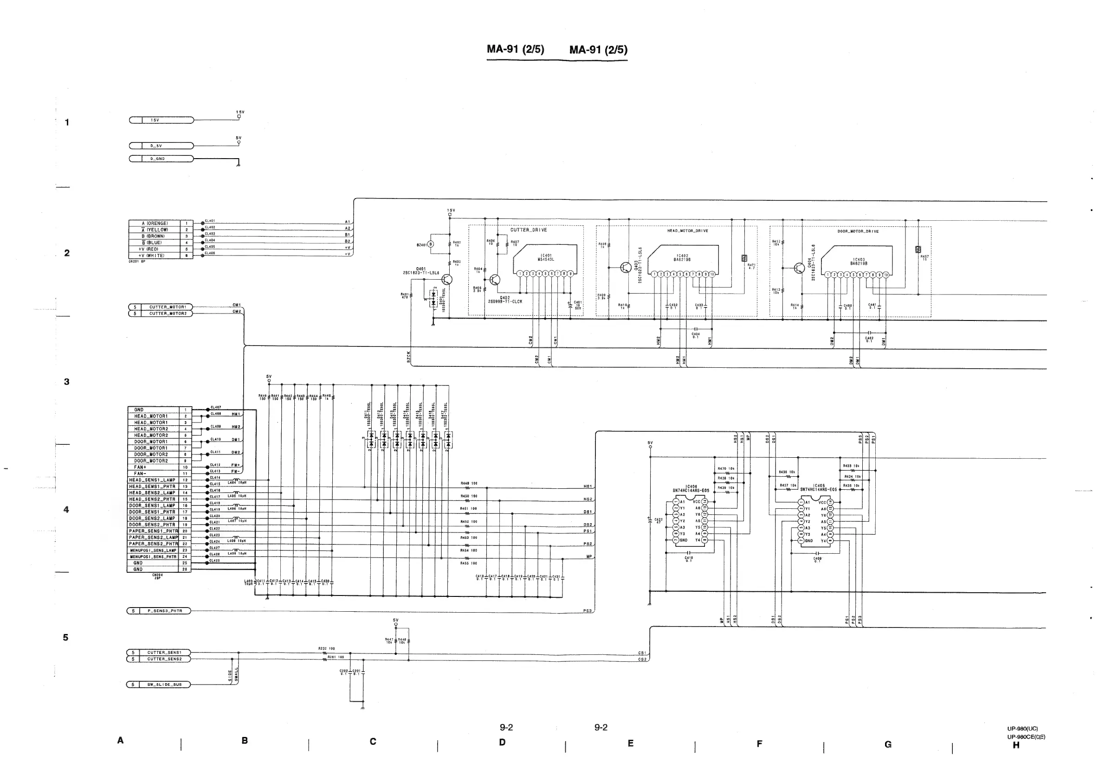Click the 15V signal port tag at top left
pyautogui.click(x=161, y=120)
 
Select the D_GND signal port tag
pyautogui.click(x=161, y=159)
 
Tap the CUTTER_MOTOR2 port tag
pyautogui.click(x=161, y=314)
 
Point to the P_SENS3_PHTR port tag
pyautogui.click(x=159, y=611)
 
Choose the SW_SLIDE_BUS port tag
pyautogui.click(x=159, y=685)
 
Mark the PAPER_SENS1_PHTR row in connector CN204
pyautogui.click(x=153, y=531)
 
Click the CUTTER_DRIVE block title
pyautogui.click(x=529, y=230)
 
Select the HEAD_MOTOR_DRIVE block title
pyautogui.click(x=687, y=231)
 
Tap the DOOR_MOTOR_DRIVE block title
pyautogui.click(x=858, y=231)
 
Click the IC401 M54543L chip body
pyautogui.click(x=546, y=258)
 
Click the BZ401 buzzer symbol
pyautogui.click(x=431, y=244)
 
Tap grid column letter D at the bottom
pyautogui.click(x=502, y=742)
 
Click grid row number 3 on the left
pyautogui.click(x=67, y=382)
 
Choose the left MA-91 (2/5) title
pyautogui.click(x=516, y=49)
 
